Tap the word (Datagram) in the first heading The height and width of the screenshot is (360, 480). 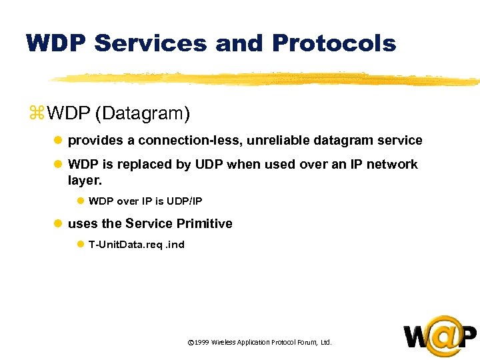click(143, 114)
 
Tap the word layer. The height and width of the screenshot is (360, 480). click(85, 180)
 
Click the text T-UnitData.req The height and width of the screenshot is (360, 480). click(125, 244)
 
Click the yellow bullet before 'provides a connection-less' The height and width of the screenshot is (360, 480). click(58, 141)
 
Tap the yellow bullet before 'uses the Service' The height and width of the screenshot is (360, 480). click(58, 224)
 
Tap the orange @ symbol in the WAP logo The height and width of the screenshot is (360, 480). click(441, 335)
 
